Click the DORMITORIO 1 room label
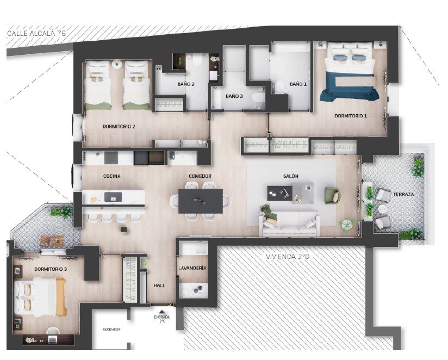[x=351, y=116]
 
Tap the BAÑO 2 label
[x=186, y=84]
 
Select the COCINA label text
[x=111, y=176]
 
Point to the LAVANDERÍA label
[x=192, y=268]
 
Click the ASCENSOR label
[x=111, y=330]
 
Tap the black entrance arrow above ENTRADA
[x=162, y=312]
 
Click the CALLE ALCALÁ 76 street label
[x=36, y=33]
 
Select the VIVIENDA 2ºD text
[x=288, y=257]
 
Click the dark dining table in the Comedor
[x=201, y=201]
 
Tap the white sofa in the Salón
[x=289, y=224]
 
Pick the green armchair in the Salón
[x=333, y=195]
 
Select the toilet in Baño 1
[x=279, y=86]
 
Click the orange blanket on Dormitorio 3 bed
[x=61, y=297]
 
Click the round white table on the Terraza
[x=383, y=209]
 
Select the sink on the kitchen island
[x=113, y=197]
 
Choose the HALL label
[x=159, y=285]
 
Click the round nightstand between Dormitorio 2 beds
[x=117, y=64]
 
